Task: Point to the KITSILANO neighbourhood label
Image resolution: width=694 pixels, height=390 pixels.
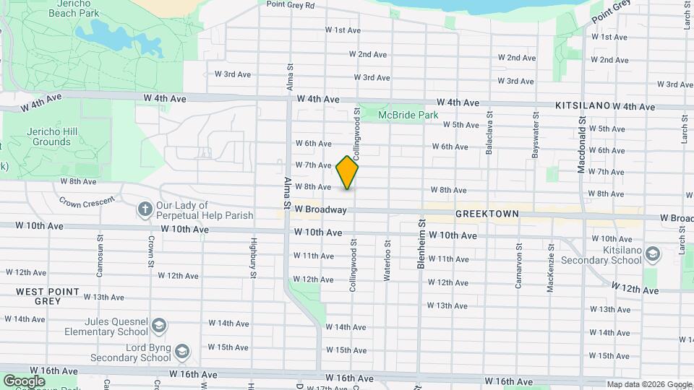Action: coord(583,105)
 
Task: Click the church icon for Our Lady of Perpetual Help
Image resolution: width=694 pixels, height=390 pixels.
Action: coord(145,209)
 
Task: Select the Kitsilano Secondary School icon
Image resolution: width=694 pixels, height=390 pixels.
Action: coord(653,253)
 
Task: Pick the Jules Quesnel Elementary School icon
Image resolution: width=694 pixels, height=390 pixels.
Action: coord(158,328)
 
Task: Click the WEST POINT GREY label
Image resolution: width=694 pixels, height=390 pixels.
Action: coord(39,295)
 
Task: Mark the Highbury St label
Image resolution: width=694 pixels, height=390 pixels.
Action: coord(252,258)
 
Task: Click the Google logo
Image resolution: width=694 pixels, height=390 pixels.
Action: coord(24,381)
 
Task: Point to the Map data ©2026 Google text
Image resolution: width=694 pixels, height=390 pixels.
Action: coord(648,384)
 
